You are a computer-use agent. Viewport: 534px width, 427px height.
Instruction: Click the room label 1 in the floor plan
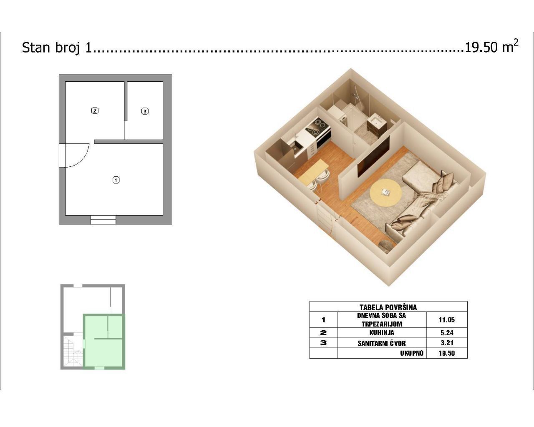pos(116,180)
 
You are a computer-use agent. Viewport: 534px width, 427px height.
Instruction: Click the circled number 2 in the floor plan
pos(95,111)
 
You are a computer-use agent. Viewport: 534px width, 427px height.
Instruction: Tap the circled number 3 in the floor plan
pos(145,111)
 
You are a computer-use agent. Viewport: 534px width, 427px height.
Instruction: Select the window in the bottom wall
pos(103,220)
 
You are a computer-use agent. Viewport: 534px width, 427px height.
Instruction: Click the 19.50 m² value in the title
pos(491,47)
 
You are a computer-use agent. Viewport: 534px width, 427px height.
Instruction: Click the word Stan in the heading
pos(36,47)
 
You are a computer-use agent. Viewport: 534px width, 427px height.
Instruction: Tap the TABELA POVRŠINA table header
pos(388,307)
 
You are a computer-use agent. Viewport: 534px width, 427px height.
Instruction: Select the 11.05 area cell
pos(447,320)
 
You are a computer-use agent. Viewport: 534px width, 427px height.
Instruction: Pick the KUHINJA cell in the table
pos(382,333)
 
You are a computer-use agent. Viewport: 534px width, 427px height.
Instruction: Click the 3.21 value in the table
pos(447,343)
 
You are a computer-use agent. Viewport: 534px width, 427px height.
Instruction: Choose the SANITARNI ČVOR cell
pos(382,343)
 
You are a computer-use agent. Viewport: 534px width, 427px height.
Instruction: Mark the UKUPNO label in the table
pos(412,353)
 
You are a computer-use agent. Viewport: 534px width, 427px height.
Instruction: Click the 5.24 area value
pos(447,333)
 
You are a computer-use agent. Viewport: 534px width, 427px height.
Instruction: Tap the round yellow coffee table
pos(385,193)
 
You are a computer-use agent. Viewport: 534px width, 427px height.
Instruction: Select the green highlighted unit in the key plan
pos(104,342)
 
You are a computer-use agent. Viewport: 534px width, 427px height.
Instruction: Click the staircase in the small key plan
pos(73,351)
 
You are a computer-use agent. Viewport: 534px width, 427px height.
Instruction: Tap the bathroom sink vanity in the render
pos(376,125)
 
